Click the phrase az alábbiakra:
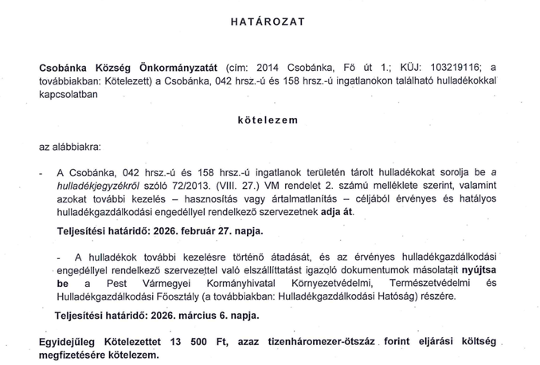click(x=68, y=147)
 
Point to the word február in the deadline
click(x=187, y=231)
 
